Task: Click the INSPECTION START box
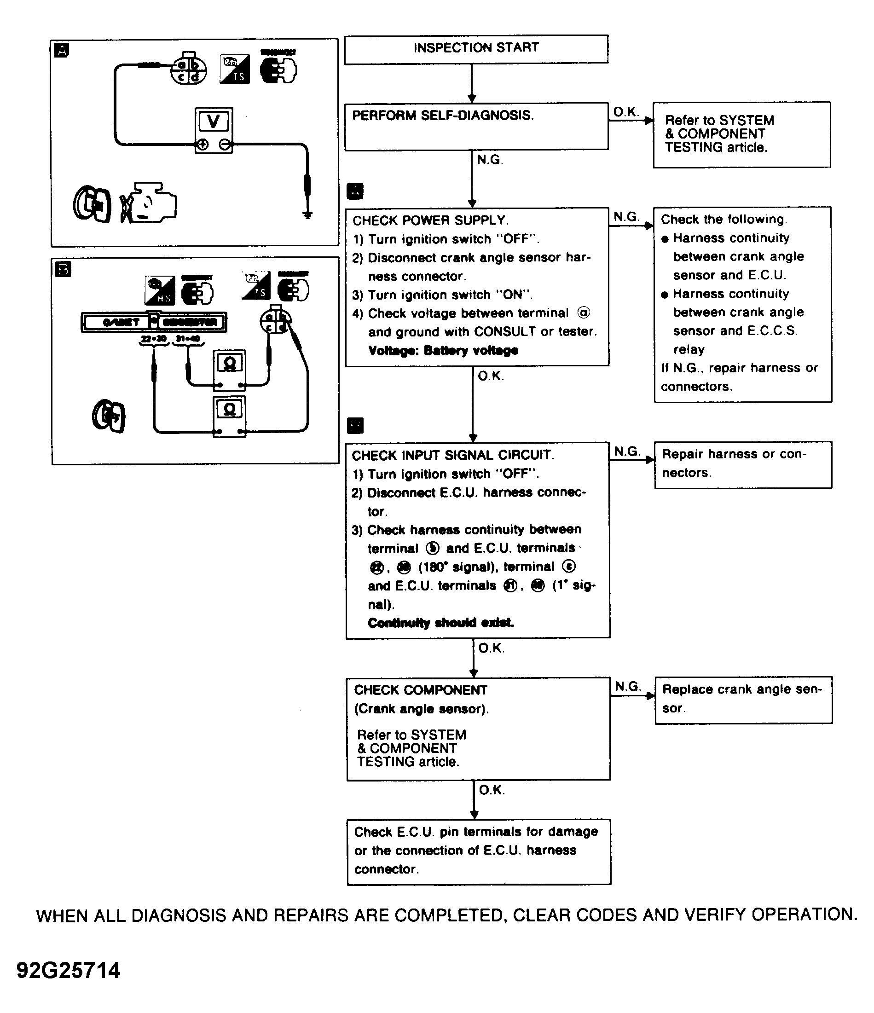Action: (476, 49)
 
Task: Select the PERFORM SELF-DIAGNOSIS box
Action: (476, 126)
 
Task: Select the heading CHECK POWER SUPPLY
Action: (430, 220)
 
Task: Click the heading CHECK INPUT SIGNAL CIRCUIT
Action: (452, 455)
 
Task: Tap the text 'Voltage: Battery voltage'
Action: (443, 351)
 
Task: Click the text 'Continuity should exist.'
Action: (440, 622)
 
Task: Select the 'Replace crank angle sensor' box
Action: (743, 700)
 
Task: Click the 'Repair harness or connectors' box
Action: (743, 464)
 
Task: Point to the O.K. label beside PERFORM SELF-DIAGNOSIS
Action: (625, 112)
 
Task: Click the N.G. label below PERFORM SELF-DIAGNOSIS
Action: (489, 160)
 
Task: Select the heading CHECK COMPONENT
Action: (420, 690)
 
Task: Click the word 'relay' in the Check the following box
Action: (689, 350)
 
